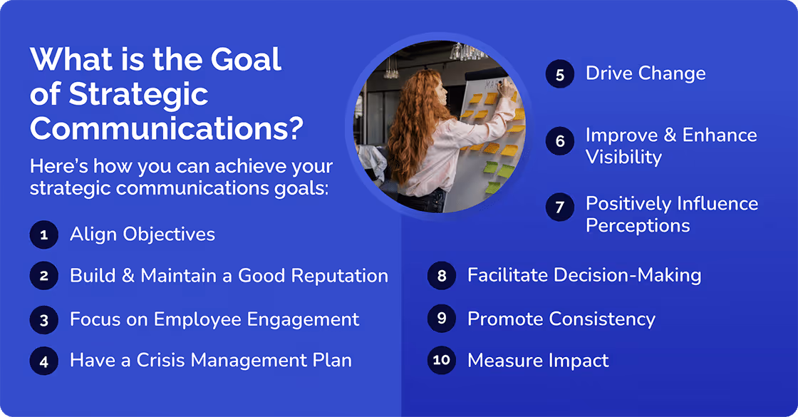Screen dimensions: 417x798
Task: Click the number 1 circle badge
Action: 43,235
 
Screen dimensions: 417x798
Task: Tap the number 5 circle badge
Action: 560,74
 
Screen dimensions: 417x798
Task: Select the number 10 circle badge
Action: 441,361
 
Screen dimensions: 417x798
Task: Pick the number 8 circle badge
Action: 441,276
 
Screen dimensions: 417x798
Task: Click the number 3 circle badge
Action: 43,320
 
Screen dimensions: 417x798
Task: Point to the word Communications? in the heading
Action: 167,129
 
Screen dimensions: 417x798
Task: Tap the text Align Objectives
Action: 142,235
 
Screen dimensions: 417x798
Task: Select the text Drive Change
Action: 646,73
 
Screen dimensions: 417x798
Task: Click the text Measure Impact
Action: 538,361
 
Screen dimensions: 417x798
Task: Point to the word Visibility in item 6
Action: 623,157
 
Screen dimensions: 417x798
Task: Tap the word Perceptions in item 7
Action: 638,226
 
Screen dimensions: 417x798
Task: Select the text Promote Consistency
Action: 561,319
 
